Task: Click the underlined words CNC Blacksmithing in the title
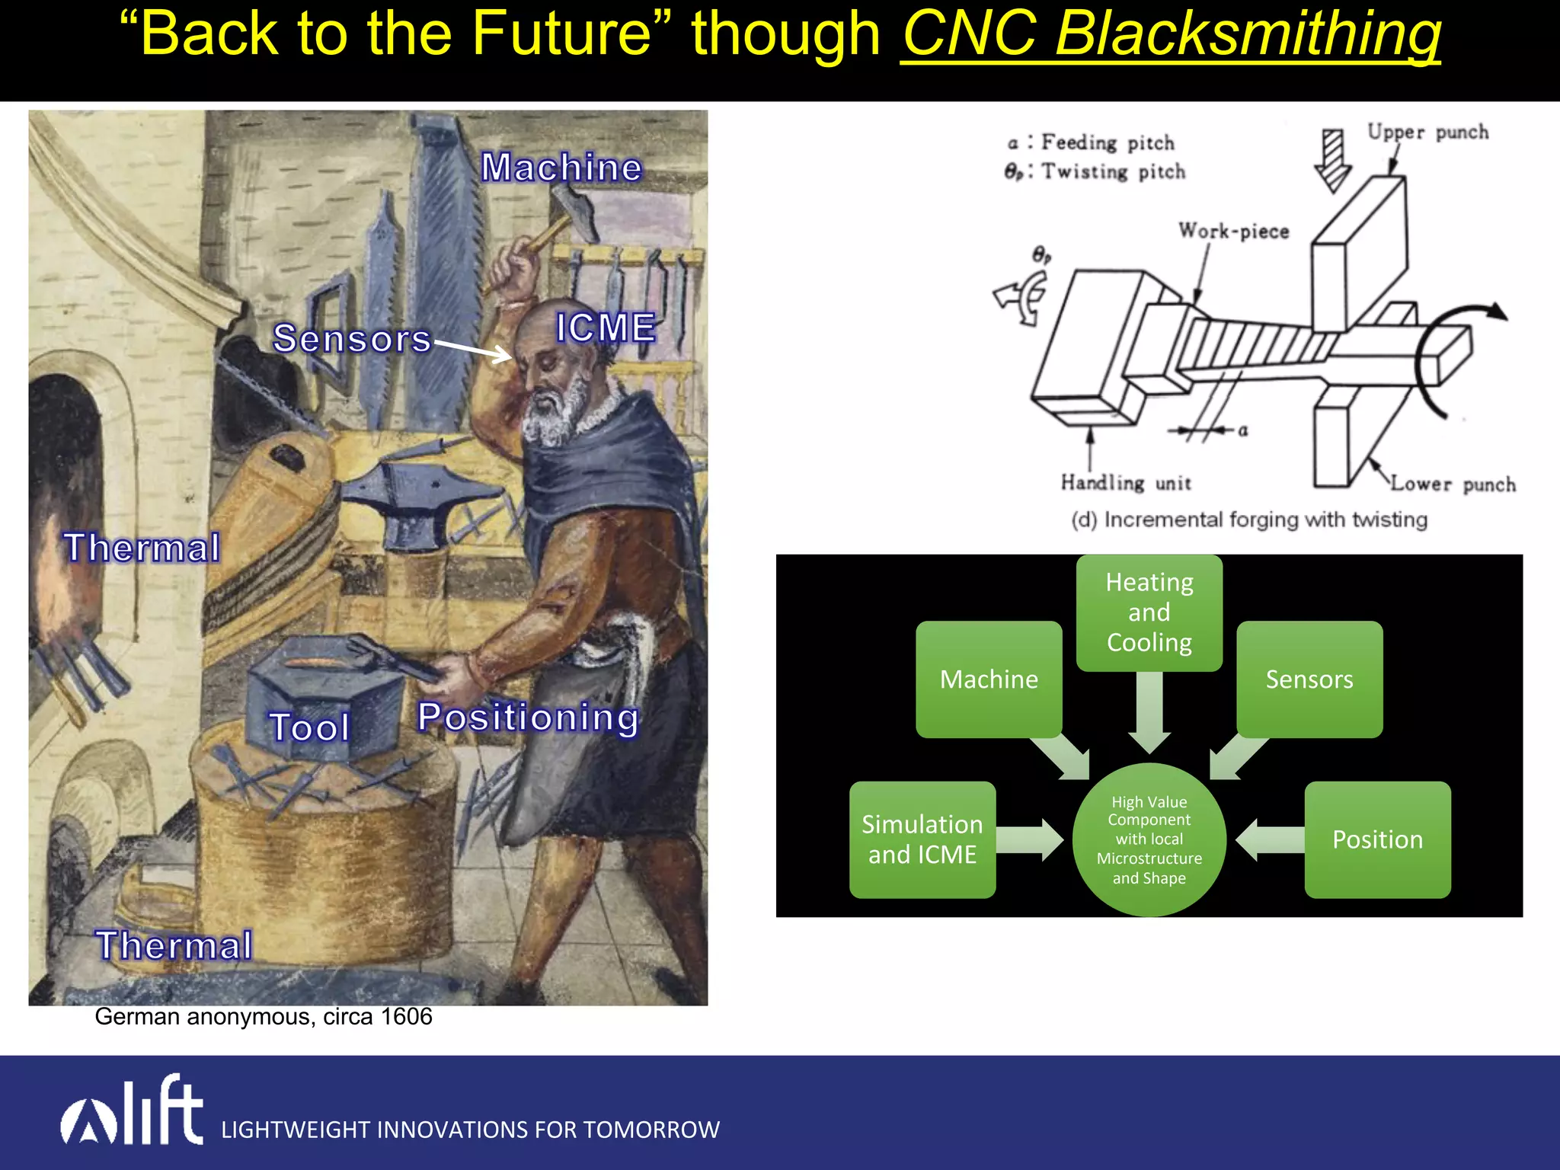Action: (x=1171, y=35)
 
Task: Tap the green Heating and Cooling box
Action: (x=1149, y=612)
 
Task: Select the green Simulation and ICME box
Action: (x=922, y=839)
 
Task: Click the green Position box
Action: (x=1377, y=839)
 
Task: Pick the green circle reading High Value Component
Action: (x=1149, y=839)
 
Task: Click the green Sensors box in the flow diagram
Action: (x=1309, y=679)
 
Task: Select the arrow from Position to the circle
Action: (x=1268, y=839)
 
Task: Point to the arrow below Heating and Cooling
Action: (x=1149, y=712)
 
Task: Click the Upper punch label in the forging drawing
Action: (x=1427, y=132)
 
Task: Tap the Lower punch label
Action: (x=1452, y=484)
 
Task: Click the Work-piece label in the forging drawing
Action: (x=1233, y=231)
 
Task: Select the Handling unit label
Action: (x=1125, y=483)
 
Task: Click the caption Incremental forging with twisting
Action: (x=1249, y=519)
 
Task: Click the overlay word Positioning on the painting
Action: (x=528, y=718)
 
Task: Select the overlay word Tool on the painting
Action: (x=309, y=727)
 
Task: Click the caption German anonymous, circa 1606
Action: (x=263, y=1017)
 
